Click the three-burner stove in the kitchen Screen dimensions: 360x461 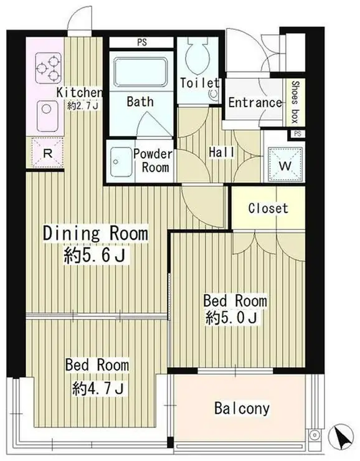click(49, 68)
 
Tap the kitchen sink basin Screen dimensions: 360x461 click(47, 116)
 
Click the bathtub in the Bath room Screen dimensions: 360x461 click(141, 72)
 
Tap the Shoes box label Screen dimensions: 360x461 click(295, 102)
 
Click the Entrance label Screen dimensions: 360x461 click(255, 103)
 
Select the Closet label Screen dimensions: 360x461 click(268, 208)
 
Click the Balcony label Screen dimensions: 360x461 click(242, 409)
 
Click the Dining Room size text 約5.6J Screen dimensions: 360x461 click(95, 255)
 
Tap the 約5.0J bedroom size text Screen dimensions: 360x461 click(232, 318)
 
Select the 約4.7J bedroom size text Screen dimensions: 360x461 click(98, 389)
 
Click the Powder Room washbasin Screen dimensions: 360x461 click(120, 162)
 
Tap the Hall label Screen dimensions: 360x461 click(222, 152)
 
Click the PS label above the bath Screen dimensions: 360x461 click(141, 42)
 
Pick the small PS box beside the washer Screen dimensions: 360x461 click(297, 134)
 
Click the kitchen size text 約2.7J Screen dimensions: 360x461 click(83, 106)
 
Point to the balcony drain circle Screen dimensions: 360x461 click(315, 434)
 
